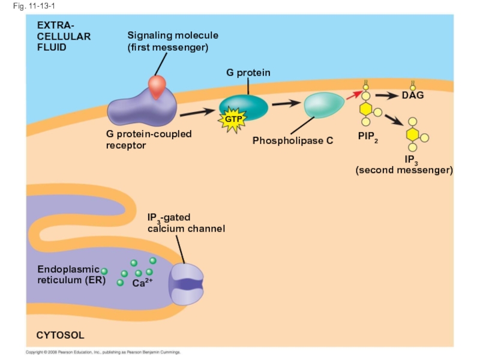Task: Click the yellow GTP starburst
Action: (x=232, y=119)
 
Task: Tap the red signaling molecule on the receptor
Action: (x=157, y=86)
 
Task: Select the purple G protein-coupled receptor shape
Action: (x=142, y=108)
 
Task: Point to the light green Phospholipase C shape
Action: (x=325, y=105)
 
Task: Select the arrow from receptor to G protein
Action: (x=197, y=112)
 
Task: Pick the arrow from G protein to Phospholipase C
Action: (x=286, y=104)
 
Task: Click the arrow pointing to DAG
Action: (x=388, y=95)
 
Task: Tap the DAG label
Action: (x=413, y=96)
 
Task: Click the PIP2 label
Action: (x=368, y=137)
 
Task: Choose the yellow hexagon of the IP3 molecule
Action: (x=412, y=134)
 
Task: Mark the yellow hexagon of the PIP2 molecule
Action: (x=366, y=109)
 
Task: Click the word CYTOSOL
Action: (x=60, y=335)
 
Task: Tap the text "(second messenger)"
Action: (x=404, y=170)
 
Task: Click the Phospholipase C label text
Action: (x=292, y=141)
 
